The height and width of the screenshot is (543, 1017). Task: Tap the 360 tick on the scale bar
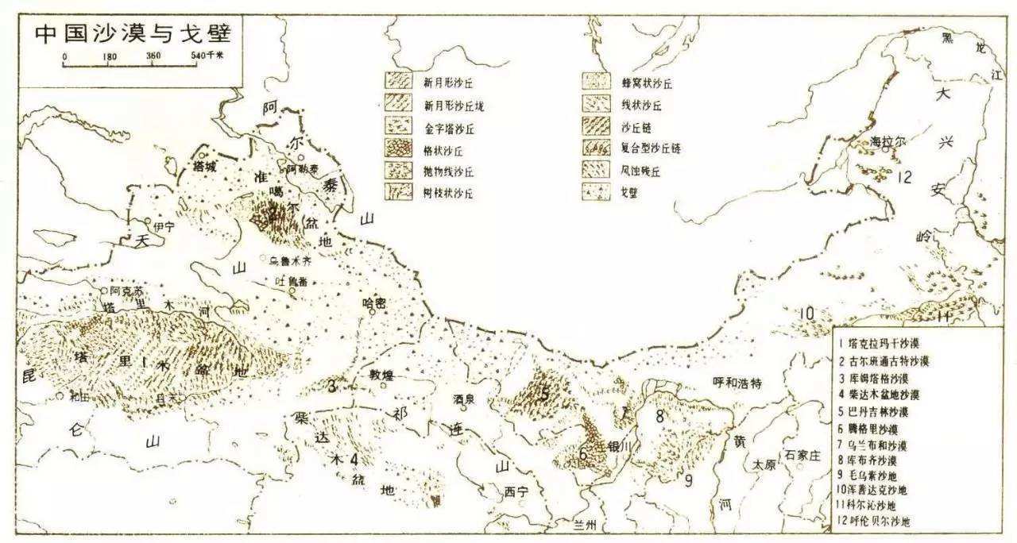tap(154, 56)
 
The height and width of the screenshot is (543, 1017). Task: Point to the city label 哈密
tap(373, 302)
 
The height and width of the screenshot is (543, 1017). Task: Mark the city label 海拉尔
tap(887, 141)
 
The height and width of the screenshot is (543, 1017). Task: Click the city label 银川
tap(618, 446)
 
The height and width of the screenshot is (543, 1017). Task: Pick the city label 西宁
tap(516, 492)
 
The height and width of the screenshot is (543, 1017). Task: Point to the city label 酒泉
tap(464, 399)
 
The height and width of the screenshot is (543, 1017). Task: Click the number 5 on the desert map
tap(544, 393)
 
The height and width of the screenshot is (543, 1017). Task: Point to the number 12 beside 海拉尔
tap(904, 177)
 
